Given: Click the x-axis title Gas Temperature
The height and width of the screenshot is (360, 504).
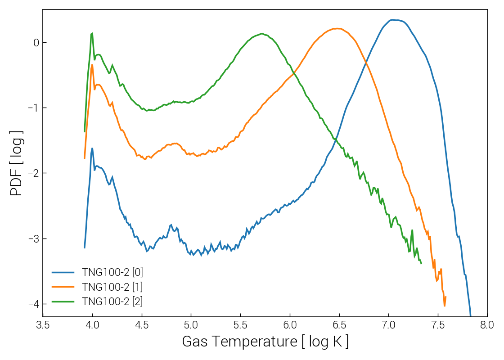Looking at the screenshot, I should coord(265,342).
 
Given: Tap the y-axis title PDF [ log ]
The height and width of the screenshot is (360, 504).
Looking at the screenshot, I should coord(17,163).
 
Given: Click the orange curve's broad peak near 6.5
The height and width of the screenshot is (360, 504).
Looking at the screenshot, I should coord(338,28).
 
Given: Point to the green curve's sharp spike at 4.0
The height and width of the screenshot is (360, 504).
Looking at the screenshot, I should coord(92,33).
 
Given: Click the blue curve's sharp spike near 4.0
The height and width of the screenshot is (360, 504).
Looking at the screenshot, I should coord(92,148).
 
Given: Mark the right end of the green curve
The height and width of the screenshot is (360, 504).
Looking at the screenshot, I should coord(421,263).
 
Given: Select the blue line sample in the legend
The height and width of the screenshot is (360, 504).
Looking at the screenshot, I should coord(63,272).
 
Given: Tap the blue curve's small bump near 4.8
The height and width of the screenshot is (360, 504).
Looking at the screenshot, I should coord(171,225).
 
